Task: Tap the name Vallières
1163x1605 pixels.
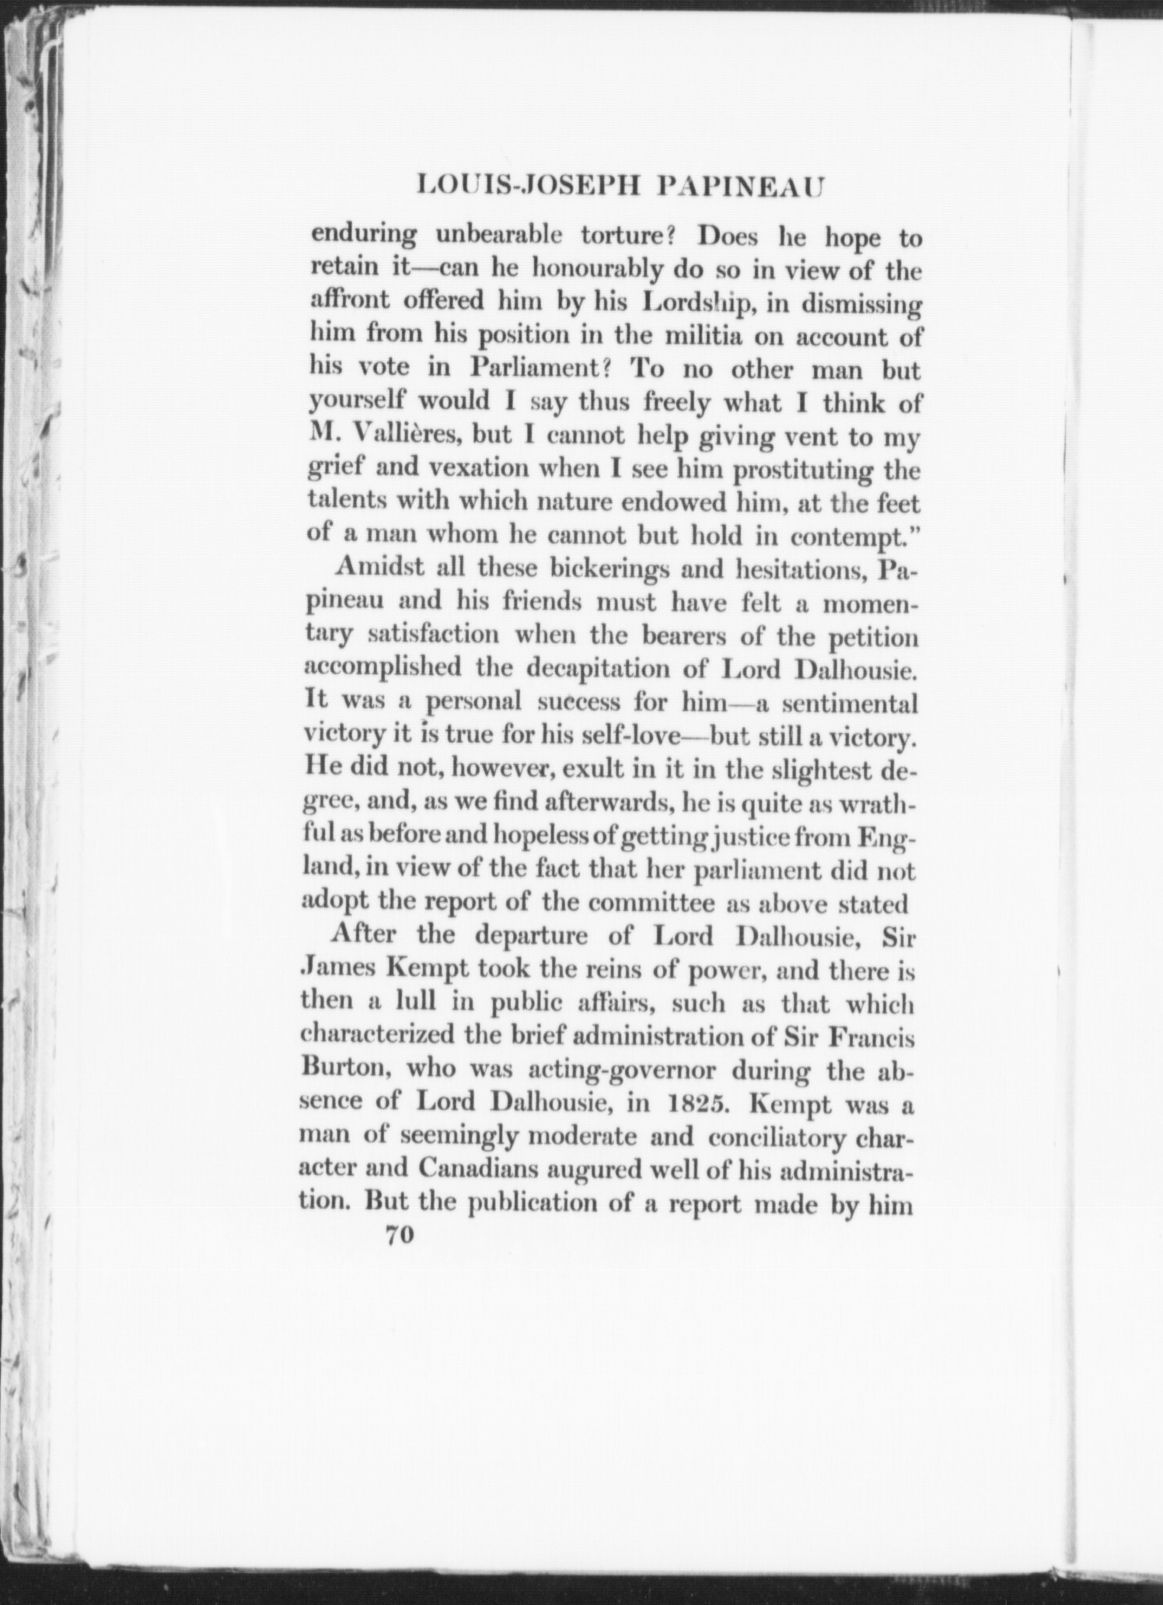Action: (404, 438)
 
